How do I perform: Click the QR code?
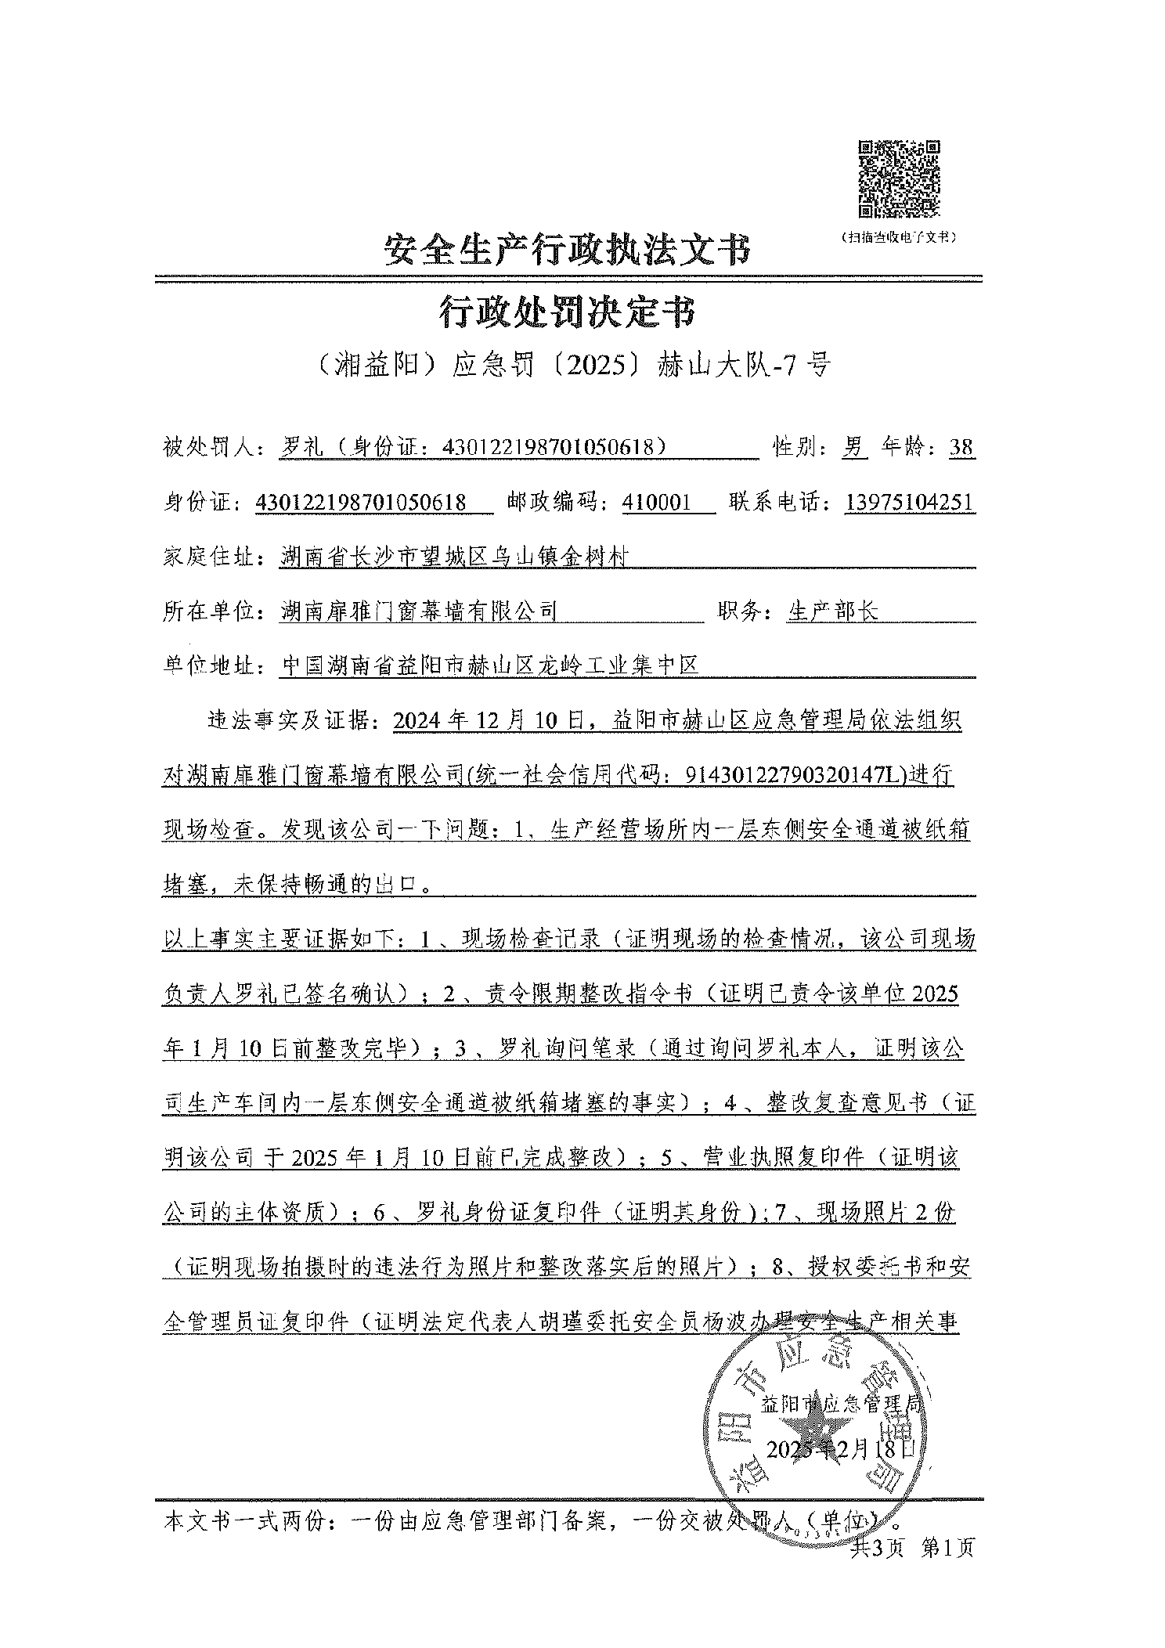899,178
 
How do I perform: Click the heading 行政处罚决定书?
568,312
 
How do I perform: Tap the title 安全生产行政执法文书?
568,250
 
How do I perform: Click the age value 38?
961,448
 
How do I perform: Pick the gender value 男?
853,448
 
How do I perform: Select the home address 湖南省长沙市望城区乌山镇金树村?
454,557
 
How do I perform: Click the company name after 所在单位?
419,611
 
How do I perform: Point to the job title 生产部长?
834,611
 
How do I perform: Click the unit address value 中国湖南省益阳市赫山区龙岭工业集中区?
489,665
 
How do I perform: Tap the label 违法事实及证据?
285,719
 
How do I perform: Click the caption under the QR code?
899,236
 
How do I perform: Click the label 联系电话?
779,502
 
